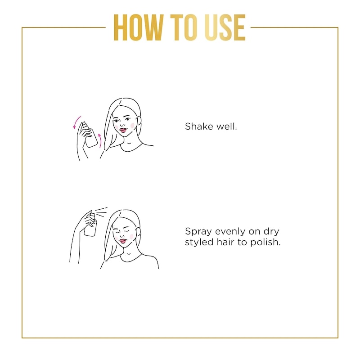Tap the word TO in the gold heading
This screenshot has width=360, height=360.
pyautogui.click(x=184, y=27)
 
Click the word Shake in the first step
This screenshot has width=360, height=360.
pyautogui.click(x=199, y=126)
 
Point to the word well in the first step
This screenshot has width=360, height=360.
pyautogui.click(x=227, y=126)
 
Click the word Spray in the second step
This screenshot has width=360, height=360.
pyautogui.click(x=198, y=232)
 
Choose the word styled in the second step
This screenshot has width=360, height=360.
pyautogui.click(x=199, y=243)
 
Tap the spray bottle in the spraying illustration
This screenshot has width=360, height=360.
pyautogui.click(x=91, y=225)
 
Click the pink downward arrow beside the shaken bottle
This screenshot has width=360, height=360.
pyautogui.click(x=76, y=122)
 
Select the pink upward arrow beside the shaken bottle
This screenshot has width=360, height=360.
pyautogui.click(x=100, y=140)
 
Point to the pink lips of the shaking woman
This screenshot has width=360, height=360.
pyautogui.click(x=123, y=130)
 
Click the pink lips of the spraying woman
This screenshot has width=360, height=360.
pyautogui.click(x=123, y=241)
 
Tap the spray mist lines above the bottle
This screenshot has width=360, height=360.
pyautogui.click(x=101, y=211)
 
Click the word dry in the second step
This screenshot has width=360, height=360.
pyautogui.click(x=271, y=232)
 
